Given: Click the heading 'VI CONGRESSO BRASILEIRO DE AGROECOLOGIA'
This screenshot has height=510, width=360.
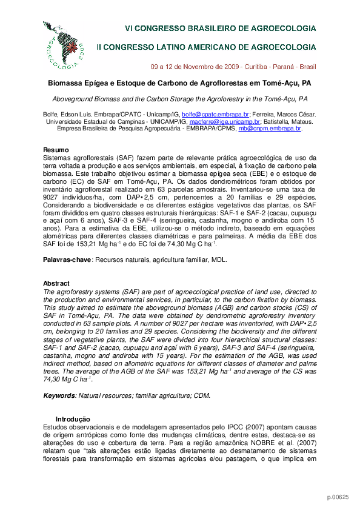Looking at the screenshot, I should (220, 28).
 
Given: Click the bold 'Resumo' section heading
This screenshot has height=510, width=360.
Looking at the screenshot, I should (56, 150).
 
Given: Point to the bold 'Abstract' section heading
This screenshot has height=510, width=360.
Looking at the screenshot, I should (56, 283).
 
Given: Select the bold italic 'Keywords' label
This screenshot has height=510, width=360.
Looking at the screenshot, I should (59, 395).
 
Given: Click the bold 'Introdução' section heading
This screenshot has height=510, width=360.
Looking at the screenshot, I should (73, 419).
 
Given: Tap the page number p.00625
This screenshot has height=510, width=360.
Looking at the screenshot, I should (338, 497).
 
